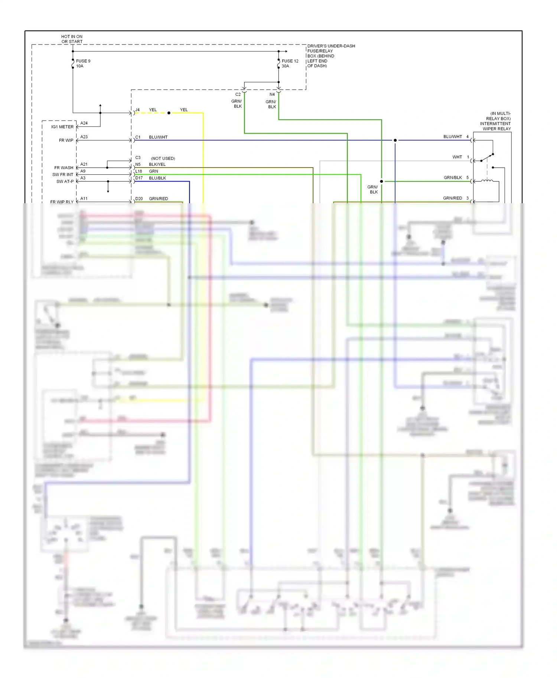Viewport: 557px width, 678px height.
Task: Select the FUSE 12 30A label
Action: click(290, 63)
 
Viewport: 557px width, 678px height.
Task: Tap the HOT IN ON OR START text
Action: click(72, 39)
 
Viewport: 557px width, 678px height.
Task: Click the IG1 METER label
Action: click(62, 127)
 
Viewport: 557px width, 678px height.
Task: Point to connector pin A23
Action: click(84, 137)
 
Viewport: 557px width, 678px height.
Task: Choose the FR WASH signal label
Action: click(64, 168)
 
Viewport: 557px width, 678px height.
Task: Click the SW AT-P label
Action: click(65, 181)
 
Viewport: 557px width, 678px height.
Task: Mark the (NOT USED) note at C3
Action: click(163, 158)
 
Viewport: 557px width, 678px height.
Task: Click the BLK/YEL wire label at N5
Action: click(157, 164)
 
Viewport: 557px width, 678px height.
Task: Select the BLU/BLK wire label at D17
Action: click(157, 178)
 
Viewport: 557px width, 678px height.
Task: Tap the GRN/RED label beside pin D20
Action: click(158, 199)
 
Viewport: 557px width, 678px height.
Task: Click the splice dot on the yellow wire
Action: click(169, 113)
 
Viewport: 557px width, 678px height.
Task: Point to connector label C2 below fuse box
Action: click(238, 95)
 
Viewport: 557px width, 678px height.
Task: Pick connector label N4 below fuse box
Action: click(272, 95)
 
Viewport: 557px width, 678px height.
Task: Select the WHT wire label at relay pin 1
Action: click(457, 157)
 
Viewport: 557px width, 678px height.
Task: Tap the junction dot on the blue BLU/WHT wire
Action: click(395, 140)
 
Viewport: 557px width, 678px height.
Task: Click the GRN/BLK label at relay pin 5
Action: click(453, 178)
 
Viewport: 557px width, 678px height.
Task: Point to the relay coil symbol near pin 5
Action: click(487, 181)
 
